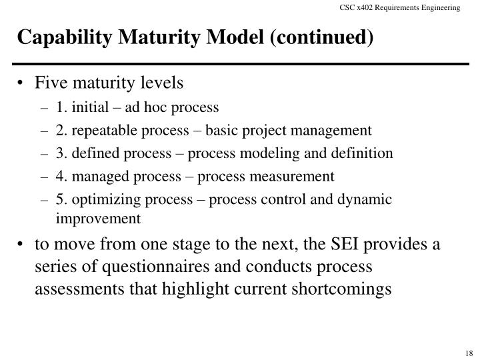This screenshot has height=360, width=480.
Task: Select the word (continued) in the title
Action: pos(322,38)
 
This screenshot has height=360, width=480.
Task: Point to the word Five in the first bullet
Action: pos(49,84)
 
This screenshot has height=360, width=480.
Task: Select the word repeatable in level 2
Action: pos(97,130)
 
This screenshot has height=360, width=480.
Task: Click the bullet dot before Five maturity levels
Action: pos(23,85)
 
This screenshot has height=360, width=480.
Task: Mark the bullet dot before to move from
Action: pos(23,245)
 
